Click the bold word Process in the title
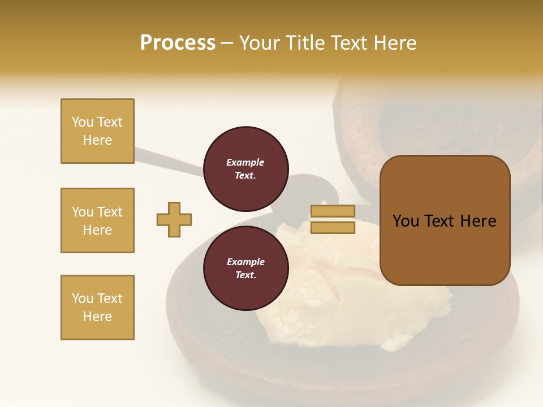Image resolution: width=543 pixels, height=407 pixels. (178, 43)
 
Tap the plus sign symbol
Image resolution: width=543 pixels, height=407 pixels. (174, 219)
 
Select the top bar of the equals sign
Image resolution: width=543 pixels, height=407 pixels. (333, 211)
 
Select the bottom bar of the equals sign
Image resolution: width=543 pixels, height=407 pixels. (333, 227)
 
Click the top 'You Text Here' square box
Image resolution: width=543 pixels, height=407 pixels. (97, 131)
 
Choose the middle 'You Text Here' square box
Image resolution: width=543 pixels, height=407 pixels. (97, 220)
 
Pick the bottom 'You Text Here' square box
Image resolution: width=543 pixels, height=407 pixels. (97, 308)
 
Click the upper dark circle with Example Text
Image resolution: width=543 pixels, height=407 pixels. (245, 168)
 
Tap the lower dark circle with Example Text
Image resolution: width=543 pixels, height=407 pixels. (245, 268)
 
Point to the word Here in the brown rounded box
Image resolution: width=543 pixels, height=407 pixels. (478, 221)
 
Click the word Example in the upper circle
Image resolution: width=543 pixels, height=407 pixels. (245, 162)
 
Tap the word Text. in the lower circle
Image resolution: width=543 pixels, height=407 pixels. (245, 275)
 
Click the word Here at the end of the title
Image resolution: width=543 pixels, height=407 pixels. (395, 43)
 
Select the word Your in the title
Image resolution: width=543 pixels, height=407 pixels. (261, 43)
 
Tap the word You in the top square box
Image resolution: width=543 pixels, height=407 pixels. (83, 122)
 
